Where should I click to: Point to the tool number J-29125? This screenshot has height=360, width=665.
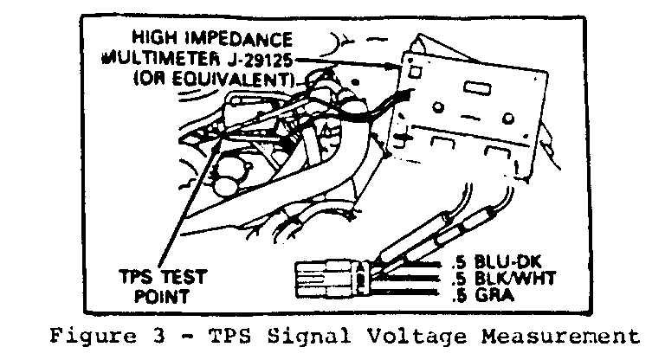coord(260,60)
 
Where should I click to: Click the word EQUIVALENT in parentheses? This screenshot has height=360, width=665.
coord(233,79)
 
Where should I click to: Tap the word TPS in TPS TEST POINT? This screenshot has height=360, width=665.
coord(136,277)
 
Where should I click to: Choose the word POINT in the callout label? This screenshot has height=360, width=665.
coord(162,296)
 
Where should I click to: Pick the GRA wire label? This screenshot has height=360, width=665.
coord(494,294)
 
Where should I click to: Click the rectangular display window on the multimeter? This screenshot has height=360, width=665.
coord(477,87)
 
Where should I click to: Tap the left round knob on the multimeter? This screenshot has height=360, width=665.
coord(438,106)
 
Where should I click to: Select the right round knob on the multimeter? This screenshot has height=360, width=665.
coord(508,119)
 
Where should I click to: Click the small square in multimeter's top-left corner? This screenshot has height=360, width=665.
coord(416,72)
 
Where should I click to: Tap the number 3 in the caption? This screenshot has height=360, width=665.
coord(158,336)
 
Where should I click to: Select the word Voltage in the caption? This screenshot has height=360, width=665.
coord(416,337)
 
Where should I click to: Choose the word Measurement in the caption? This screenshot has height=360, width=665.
coord(560,337)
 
